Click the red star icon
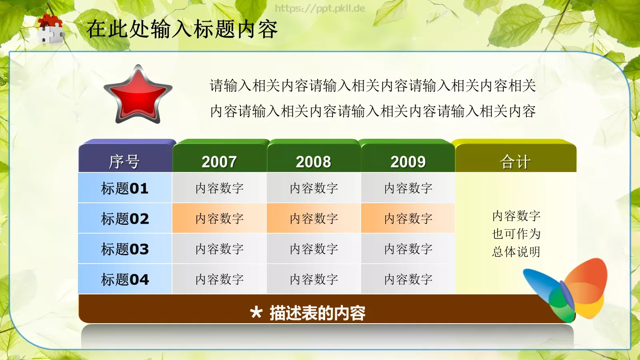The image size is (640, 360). [138, 95]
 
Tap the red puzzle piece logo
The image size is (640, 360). [51, 29]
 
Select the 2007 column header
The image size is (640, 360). [219, 162]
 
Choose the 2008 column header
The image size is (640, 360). [314, 162]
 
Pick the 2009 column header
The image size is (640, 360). [408, 162]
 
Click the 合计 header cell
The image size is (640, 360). [515, 162]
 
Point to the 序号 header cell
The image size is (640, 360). [124, 162]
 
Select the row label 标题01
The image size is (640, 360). [125, 188]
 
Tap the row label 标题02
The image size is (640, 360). [125, 218]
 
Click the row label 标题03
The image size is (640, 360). [125, 249]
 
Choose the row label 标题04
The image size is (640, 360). [125, 279]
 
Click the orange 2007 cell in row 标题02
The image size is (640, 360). [219, 218]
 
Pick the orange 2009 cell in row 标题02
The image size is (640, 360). [408, 218]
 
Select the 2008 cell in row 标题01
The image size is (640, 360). [314, 188]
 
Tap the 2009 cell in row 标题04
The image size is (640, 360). [408, 279]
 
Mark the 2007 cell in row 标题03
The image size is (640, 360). [219, 249]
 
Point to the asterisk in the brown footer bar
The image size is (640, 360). [256, 312]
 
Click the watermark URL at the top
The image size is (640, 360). [320, 8]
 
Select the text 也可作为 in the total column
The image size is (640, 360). [516, 234]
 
